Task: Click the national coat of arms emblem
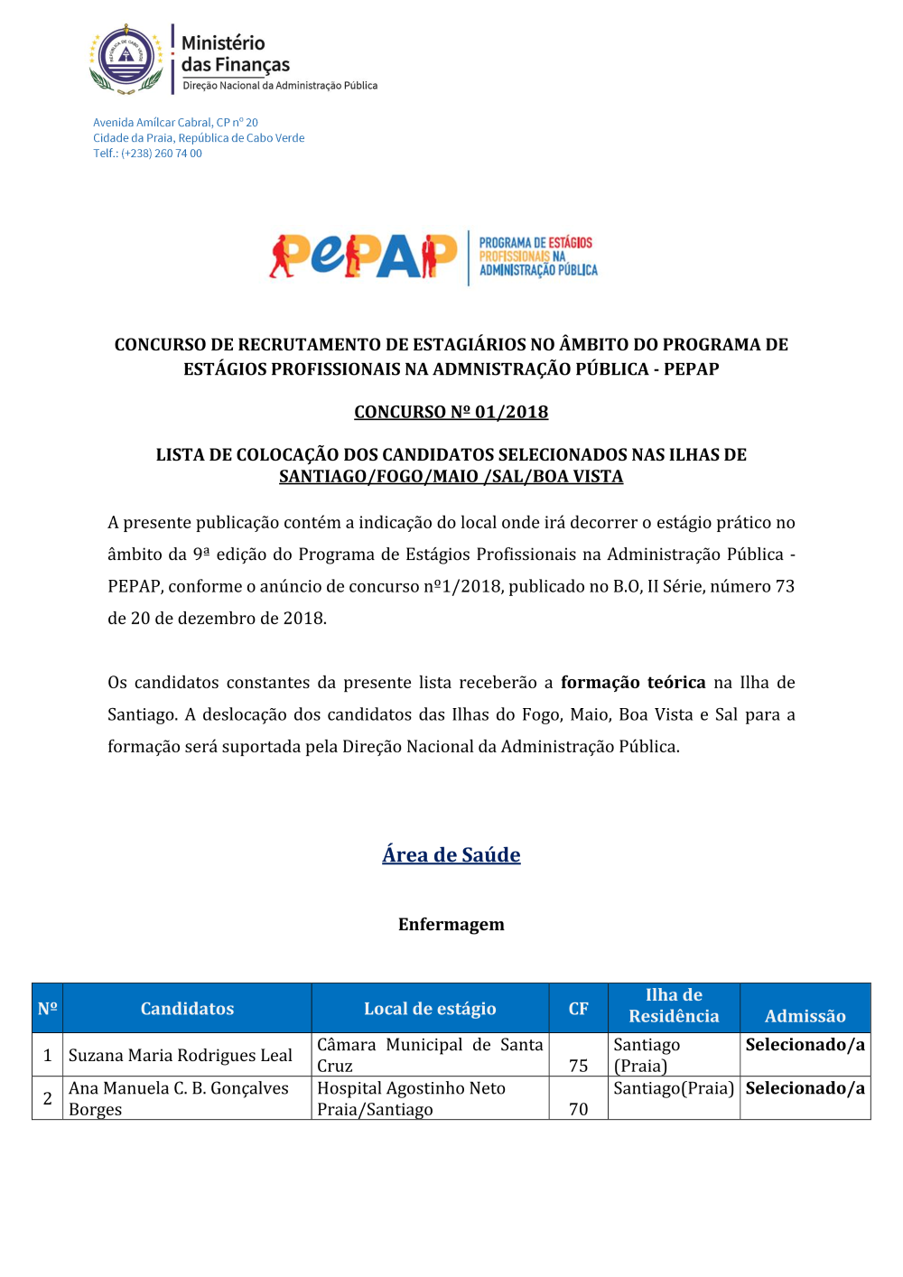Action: [126, 59]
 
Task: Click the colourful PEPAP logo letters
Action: [363, 256]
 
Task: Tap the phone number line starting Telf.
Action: [147, 154]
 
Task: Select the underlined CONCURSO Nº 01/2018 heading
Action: [451, 412]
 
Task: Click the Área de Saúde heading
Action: [451, 854]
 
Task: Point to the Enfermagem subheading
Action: [451, 924]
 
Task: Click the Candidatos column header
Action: [187, 1009]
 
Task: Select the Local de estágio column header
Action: [430, 1009]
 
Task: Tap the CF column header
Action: [578, 1009]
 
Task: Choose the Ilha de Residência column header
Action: [674, 1005]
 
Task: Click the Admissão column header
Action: [805, 1016]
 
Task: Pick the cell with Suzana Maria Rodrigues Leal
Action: [181, 1055]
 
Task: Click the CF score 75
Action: [578, 1066]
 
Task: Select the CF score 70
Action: [578, 1109]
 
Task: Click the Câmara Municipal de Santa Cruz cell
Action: [430, 1055]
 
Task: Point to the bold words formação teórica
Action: [633, 683]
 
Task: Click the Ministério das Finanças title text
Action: [235, 54]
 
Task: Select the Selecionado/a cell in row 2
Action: [805, 1088]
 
